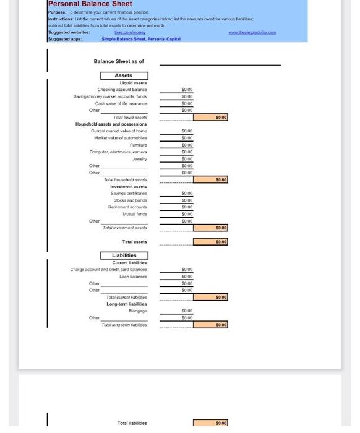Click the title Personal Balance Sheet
[90, 4]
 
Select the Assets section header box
[124, 75]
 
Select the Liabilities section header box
[124, 255]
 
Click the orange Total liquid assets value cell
[210, 117]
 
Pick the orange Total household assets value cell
[210, 179]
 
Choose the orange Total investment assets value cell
[210, 228]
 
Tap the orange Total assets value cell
[210, 241]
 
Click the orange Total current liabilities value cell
[210, 297]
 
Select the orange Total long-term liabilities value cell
[210, 324]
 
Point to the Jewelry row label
[139, 158]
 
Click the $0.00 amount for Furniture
[187, 145]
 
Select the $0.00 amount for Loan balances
[187, 276]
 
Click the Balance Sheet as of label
[119, 62]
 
